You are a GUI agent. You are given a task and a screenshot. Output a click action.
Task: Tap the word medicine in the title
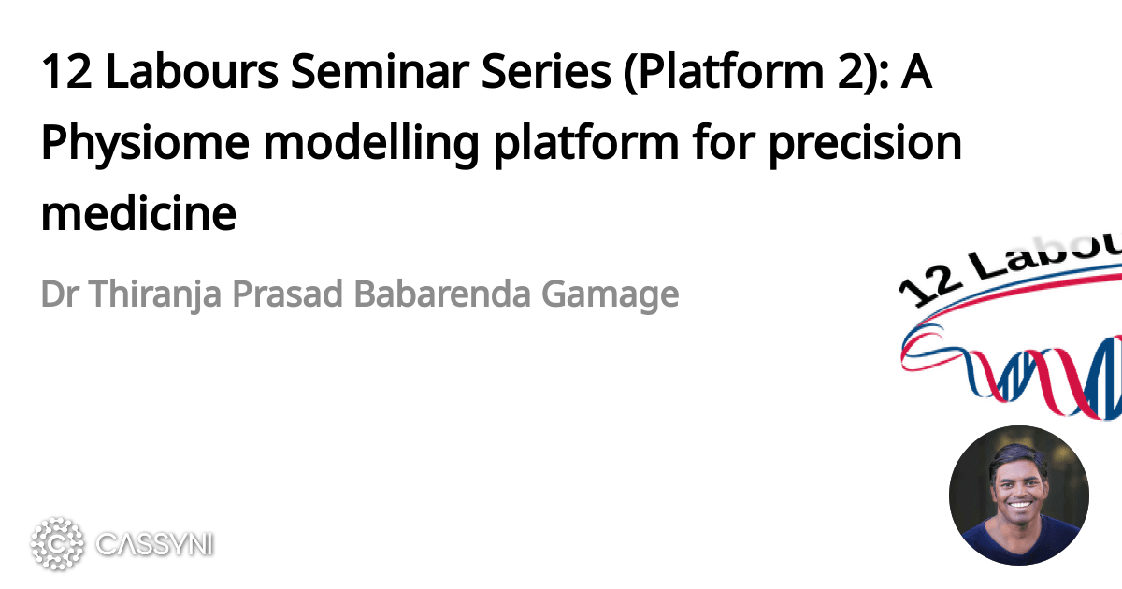pos(138,213)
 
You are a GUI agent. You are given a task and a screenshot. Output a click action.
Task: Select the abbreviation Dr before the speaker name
pos(57,294)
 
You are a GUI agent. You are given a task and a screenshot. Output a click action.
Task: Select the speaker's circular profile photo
pos(1018,495)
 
